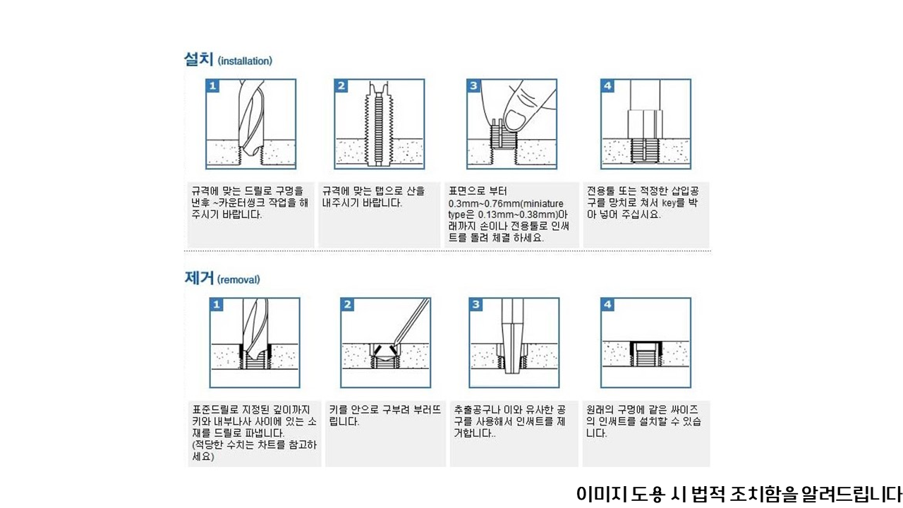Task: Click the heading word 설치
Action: click(198, 59)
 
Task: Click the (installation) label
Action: click(245, 61)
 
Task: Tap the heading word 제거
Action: click(199, 278)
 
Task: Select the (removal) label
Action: click(238, 280)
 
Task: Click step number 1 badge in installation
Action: click(213, 86)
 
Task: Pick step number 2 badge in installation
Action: click(341, 86)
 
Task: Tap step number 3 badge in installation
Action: click(473, 86)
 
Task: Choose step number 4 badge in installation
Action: click(607, 86)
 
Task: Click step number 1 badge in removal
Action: click(217, 304)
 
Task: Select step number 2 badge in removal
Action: click(348, 304)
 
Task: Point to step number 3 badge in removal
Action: click(476, 304)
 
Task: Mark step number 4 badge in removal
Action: click(607, 304)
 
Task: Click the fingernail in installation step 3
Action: click(515, 120)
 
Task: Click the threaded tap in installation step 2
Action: click(379, 124)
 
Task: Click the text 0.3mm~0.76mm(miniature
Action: click(506, 204)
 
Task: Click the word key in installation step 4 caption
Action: click(669, 202)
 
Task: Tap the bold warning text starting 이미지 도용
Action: click(739, 494)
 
